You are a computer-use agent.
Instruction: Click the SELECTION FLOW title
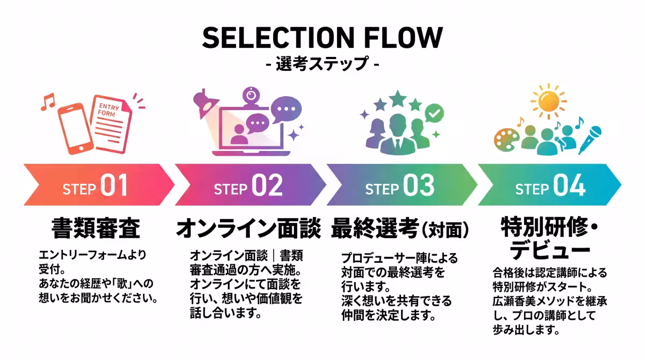pyautogui.click(x=322, y=38)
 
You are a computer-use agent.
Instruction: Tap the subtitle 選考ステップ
pyautogui.click(x=322, y=63)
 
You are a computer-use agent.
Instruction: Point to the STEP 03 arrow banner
pyautogui.click(x=402, y=185)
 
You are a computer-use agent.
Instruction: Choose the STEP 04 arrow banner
pyautogui.click(x=549, y=185)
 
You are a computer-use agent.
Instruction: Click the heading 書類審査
pyautogui.click(x=96, y=228)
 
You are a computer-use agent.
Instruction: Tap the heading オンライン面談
pyautogui.click(x=248, y=228)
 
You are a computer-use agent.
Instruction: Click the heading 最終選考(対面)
pyautogui.click(x=400, y=229)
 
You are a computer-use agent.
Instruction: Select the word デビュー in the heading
pyautogui.click(x=550, y=250)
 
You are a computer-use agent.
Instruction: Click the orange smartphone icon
pyautogui.click(x=76, y=128)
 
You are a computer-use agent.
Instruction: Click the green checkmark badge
pyautogui.click(x=434, y=113)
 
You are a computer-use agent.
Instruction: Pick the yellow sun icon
pyautogui.click(x=549, y=101)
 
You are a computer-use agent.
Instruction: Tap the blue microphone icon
pyautogui.click(x=590, y=140)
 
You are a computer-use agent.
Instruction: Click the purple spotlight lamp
pyautogui.click(x=205, y=103)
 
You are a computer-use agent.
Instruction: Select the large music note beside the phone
pyautogui.click(x=47, y=102)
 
